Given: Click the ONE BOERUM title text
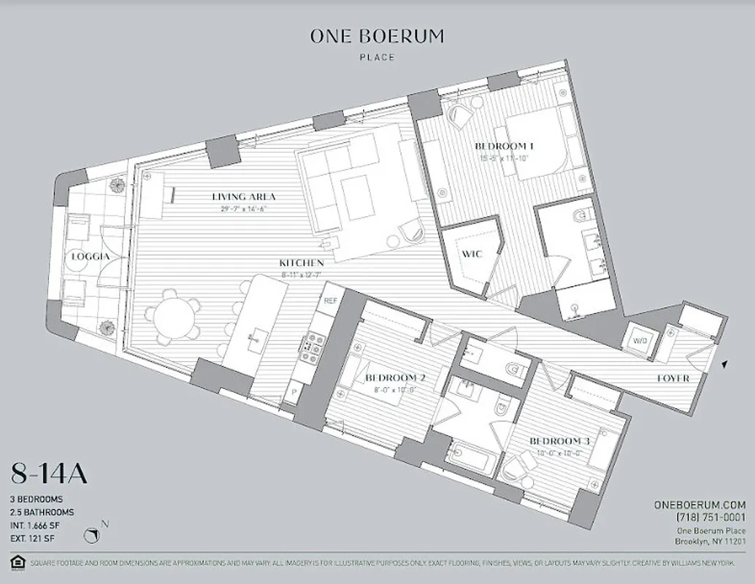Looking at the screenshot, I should [377, 37].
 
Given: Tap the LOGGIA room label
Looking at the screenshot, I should [91, 257].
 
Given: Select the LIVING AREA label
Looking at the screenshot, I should [244, 196].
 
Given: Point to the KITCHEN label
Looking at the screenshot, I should [301, 262].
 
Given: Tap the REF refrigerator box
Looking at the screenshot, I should [329, 300].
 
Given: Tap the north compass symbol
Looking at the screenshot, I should [93, 536].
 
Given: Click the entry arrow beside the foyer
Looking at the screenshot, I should [724, 364].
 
